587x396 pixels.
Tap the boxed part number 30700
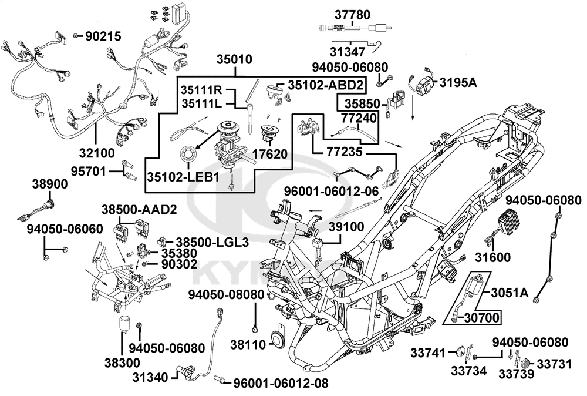pyautogui.click(x=481, y=318)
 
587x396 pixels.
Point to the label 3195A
pyautogui.click(x=458, y=82)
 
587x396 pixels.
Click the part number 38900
pyautogui.click(x=49, y=184)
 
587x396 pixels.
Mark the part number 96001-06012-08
pyautogui.click(x=280, y=383)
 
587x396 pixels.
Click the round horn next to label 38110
pyautogui.click(x=274, y=340)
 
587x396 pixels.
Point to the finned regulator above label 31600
pyautogui.click(x=515, y=223)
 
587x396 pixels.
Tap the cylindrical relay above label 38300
pyautogui.click(x=125, y=323)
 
